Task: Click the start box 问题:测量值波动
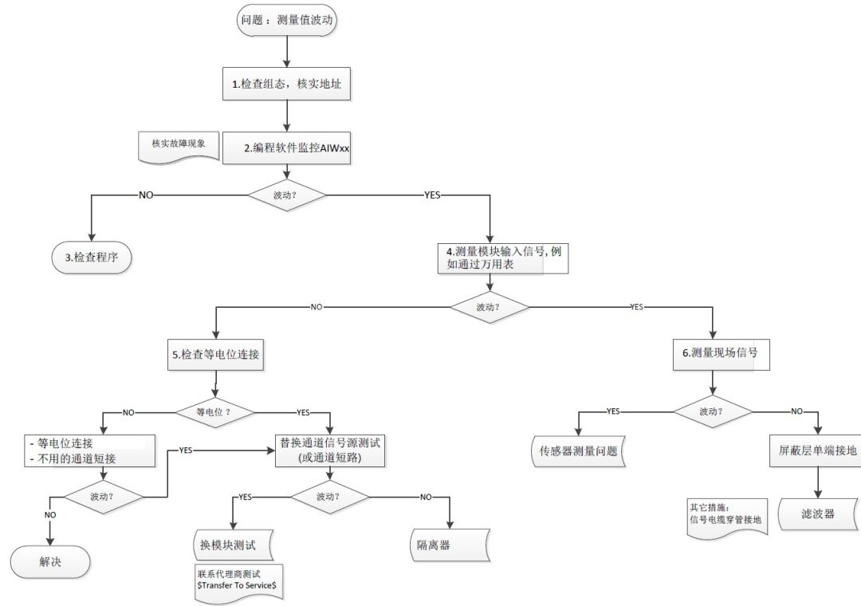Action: click(x=287, y=21)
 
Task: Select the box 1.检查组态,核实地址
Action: click(x=288, y=84)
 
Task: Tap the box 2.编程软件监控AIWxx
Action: click(x=288, y=148)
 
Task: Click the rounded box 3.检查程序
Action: click(x=88, y=257)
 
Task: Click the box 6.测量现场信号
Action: click(x=721, y=353)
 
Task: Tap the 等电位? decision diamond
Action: click(x=214, y=412)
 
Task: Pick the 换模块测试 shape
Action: click(x=232, y=545)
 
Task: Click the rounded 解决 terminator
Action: click(x=50, y=561)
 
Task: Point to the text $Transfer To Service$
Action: click(x=237, y=584)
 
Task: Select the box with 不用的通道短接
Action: click(x=88, y=451)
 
